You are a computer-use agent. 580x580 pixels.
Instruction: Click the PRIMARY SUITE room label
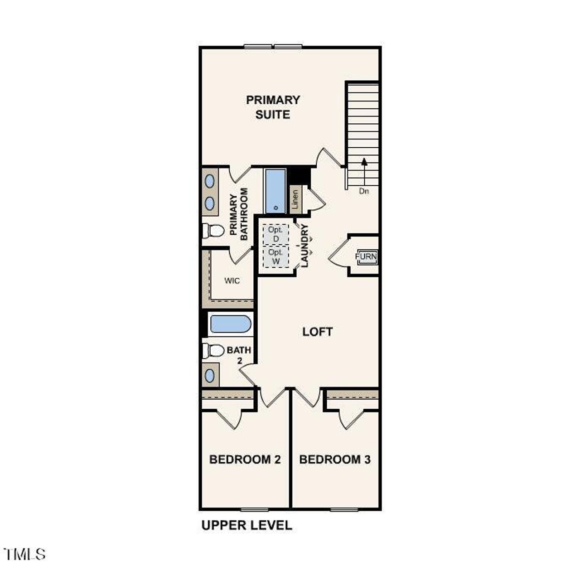point(273,107)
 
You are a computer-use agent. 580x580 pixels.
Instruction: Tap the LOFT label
point(317,332)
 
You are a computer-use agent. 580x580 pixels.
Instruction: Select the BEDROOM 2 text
point(245,459)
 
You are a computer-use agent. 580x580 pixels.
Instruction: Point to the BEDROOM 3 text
point(335,459)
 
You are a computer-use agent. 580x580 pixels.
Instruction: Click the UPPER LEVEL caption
point(246,525)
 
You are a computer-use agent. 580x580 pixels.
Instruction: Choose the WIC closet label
point(232,281)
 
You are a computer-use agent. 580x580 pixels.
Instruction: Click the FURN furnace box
point(366,257)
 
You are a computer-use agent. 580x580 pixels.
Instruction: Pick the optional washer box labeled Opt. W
point(276,257)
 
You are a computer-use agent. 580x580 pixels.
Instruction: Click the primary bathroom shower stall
point(275,191)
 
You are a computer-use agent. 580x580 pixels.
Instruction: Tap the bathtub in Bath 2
point(230,324)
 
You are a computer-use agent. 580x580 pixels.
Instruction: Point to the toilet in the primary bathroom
point(213,231)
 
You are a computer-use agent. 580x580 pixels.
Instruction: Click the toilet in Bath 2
point(213,350)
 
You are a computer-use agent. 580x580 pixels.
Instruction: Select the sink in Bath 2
point(210,375)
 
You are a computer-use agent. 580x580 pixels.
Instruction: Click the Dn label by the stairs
point(364,191)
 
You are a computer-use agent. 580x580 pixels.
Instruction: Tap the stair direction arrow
point(364,170)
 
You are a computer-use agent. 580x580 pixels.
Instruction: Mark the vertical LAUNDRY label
point(304,246)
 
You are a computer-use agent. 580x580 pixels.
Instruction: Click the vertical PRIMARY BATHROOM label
point(239,214)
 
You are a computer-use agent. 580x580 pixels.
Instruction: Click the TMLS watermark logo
point(24,554)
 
